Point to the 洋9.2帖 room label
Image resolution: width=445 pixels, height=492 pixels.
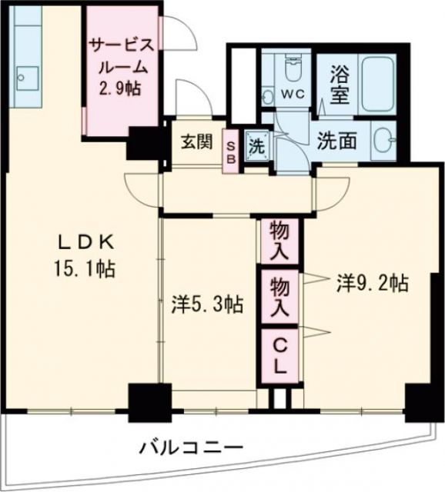pos(372,283)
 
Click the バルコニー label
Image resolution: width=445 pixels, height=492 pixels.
pos(192,447)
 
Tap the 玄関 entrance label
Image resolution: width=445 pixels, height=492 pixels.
pos(196,142)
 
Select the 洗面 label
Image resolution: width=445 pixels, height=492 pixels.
pos(336,141)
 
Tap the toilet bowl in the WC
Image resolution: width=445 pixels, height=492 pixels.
pos(293,71)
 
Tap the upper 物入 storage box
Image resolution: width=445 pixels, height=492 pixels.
pos(279,239)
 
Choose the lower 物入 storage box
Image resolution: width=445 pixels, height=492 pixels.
pos(279,298)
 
